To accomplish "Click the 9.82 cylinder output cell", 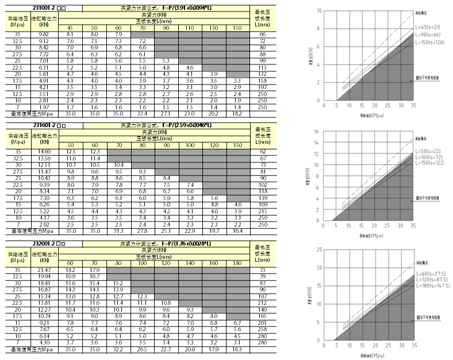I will pos(44,35).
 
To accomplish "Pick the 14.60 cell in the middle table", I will pos(44,151).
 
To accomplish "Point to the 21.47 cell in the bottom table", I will pos(44,269).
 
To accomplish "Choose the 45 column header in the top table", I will pos(70,28).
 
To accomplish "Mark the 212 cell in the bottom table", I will pos(262,302).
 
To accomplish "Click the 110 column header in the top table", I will pos(189,28).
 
